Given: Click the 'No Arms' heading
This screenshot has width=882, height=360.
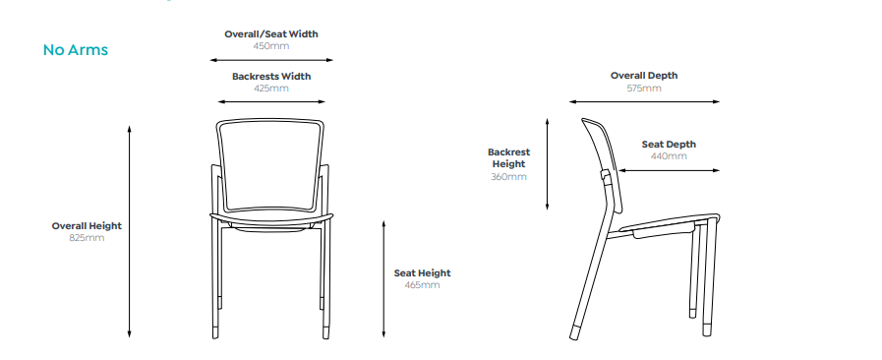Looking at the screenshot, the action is click(75, 49).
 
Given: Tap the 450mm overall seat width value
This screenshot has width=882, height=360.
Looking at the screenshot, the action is click(270, 46).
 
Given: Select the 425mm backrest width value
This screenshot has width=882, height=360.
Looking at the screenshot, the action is click(270, 88).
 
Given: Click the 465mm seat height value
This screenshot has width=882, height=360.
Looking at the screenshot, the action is click(422, 284).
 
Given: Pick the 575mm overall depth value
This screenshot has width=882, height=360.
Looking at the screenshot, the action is click(644, 88).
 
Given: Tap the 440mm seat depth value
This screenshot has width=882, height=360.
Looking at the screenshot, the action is click(669, 155).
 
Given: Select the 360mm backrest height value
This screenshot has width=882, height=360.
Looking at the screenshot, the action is click(508, 176).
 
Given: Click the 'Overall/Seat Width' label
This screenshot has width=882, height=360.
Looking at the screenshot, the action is click(270, 34).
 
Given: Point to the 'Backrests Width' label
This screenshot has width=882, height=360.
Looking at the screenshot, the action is click(270, 76).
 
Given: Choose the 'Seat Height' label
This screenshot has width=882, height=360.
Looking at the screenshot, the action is click(422, 272).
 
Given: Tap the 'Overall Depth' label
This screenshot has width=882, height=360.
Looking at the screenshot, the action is click(644, 75).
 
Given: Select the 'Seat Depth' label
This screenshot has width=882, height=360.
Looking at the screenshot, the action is click(669, 144).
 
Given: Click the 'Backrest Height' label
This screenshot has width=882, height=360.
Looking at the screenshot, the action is click(508, 157).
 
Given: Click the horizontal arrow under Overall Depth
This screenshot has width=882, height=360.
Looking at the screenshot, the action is click(644, 100).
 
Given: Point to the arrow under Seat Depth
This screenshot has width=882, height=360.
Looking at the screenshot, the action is click(669, 170).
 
